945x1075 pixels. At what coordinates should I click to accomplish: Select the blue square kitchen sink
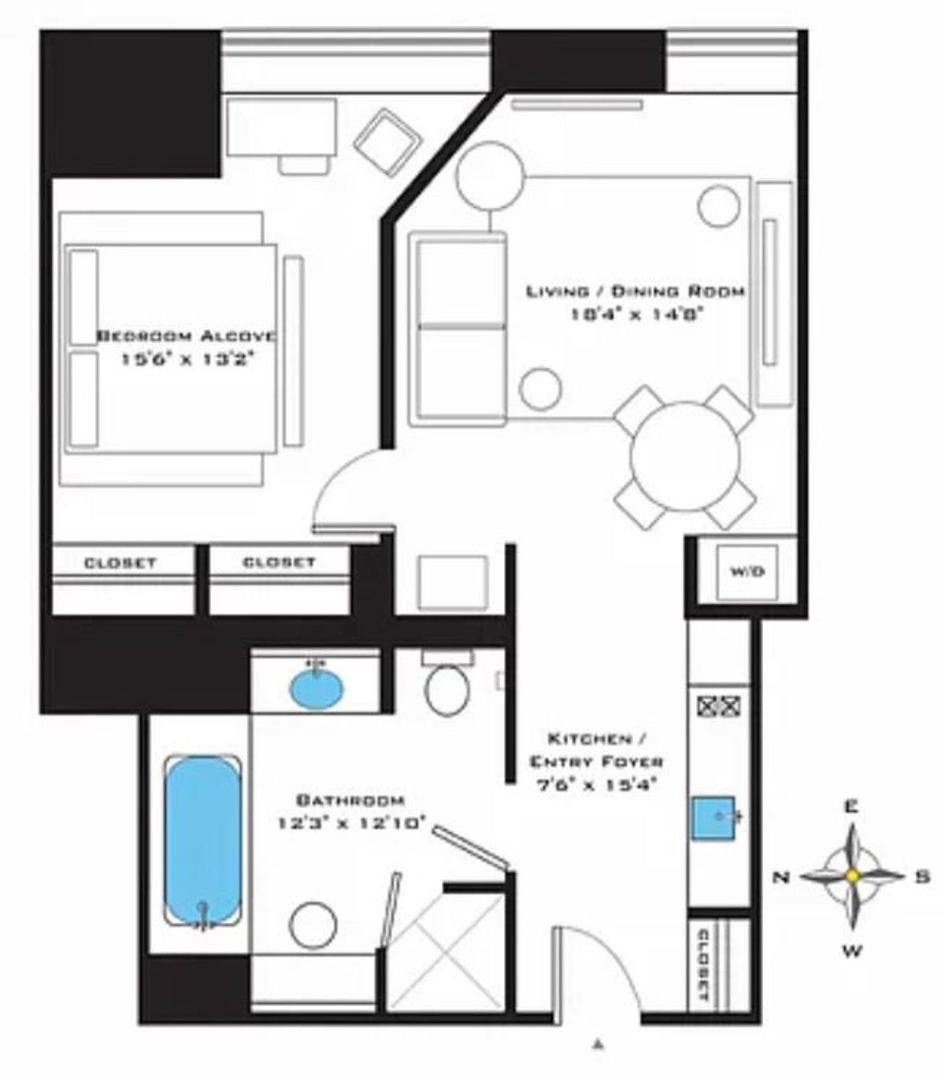click(713, 818)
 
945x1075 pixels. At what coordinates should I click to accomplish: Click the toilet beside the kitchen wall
click(447, 685)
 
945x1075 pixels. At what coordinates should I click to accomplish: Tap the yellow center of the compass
click(851, 876)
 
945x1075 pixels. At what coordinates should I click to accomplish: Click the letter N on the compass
click(782, 877)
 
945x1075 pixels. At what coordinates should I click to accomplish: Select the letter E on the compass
click(851, 806)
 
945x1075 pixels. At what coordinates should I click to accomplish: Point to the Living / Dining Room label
click(635, 291)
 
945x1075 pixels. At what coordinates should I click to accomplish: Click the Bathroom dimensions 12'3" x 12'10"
click(351, 824)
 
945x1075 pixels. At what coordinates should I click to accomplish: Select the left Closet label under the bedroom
click(120, 563)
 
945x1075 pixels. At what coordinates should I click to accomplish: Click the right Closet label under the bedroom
click(279, 562)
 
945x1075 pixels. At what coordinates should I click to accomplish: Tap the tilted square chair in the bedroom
click(387, 141)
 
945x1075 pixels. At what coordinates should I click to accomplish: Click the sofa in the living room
click(458, 329)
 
